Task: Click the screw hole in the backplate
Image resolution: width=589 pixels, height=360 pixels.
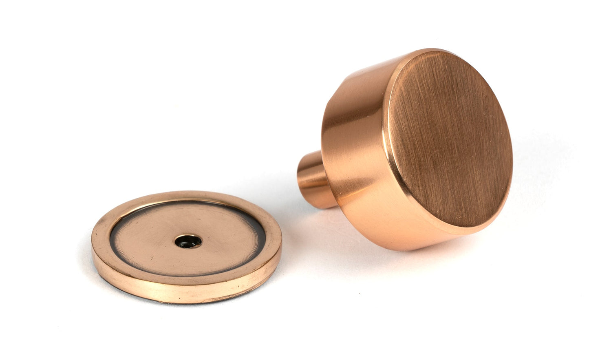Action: [188, 241]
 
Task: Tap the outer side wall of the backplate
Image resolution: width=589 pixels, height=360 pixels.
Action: [183, 292]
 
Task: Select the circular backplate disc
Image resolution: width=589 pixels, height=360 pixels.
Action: [186, 247]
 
